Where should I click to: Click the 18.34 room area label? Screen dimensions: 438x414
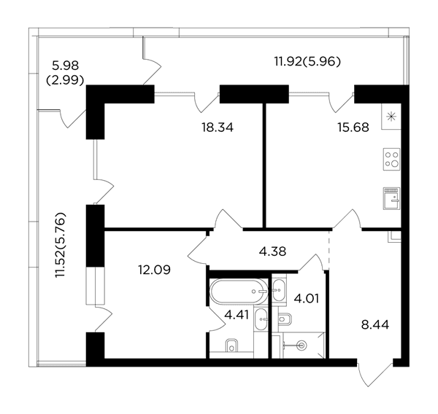[x=218, y=128]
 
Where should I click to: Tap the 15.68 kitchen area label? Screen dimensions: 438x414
[x=353, y=128]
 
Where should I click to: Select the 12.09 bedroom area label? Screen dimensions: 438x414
[x=154, y=270]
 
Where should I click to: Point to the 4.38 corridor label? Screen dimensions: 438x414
[x=272, y=251]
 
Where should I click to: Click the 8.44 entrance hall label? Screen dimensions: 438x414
[x=375, y=325]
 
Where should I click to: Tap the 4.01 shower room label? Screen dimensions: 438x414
[x=306, y=299]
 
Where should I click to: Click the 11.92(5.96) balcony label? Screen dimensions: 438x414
[x=307, y=61]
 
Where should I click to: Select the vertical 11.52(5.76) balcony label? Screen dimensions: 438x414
[x=61, y=245]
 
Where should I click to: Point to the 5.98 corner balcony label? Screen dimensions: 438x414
[x=66, y=66]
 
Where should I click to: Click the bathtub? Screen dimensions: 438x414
[x=239, y=292]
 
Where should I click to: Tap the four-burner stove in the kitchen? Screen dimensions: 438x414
[x=391, y=159]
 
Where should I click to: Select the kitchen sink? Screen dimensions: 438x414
[x=391, y=198]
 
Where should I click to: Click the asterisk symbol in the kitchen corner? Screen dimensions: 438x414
[x=391, y=117]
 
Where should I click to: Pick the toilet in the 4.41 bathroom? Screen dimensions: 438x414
[x=231, y=345]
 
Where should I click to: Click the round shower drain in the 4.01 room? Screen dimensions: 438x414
[x=301, y=345]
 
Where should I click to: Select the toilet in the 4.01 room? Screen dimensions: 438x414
[x=285, y=319]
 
